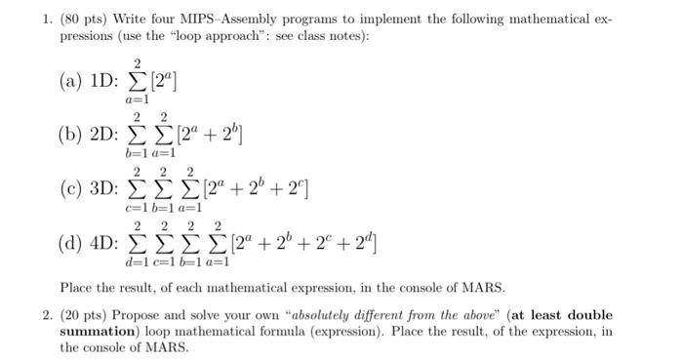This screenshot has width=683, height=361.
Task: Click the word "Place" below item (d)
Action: point(77,288)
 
